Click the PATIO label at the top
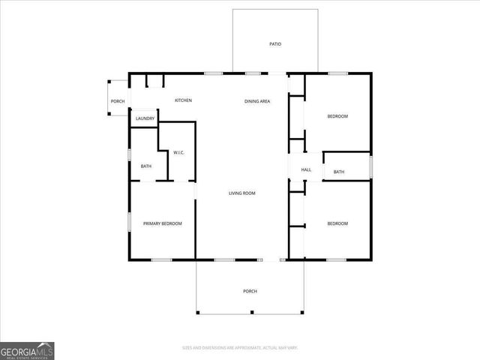275,44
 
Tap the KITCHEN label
184,100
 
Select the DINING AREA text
257,100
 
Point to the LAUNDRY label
145,118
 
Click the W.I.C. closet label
179,153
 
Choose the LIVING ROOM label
242,193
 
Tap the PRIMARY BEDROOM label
163,223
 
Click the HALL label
306,170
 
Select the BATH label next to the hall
339,172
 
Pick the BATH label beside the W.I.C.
145,166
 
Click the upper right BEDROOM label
337,116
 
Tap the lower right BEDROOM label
337,223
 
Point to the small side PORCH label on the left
118,101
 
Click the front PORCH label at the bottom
250,291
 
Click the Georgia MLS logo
27,350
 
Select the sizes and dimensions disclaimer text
240,347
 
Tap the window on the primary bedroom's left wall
129,223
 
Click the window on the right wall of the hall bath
371,166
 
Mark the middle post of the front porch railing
251,312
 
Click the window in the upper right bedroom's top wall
337,73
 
